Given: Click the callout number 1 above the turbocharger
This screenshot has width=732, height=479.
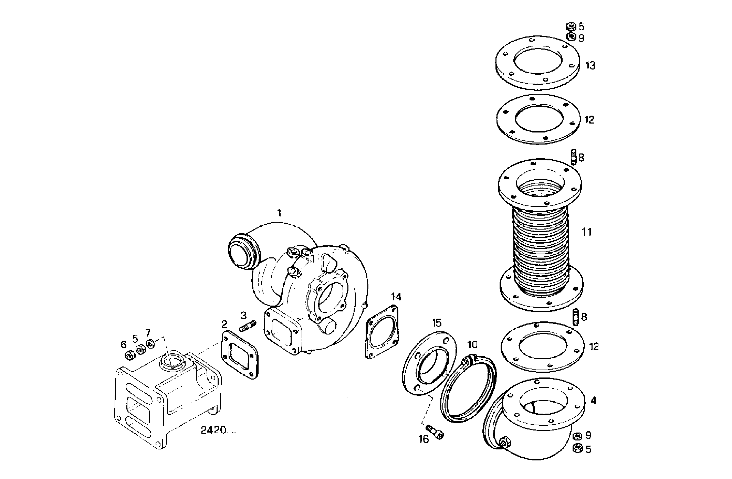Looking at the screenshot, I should point(279,213).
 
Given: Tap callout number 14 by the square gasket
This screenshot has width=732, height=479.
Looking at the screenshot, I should point(396,297).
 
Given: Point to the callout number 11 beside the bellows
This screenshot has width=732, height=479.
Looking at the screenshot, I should point(587,232).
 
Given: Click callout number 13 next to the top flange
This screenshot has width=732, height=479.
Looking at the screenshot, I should point(590,65).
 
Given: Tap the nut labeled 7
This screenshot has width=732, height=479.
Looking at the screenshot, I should point(150,343).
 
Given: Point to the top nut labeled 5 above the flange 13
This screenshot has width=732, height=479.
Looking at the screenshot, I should point(571,26).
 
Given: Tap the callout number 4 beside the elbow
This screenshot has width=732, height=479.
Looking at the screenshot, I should point(593,401).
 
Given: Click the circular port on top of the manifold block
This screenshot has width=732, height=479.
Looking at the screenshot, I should point(171,361).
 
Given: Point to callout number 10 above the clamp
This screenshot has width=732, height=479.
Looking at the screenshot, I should point(472,344).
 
